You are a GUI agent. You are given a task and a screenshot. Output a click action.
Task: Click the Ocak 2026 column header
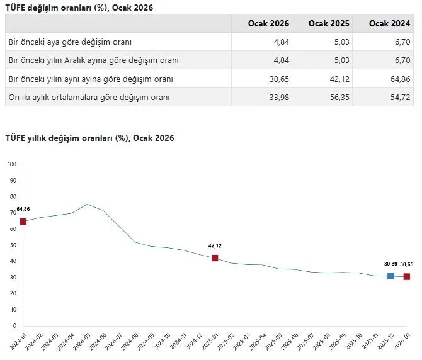click(268, 23)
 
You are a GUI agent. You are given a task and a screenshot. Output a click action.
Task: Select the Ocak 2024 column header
click(389, 23)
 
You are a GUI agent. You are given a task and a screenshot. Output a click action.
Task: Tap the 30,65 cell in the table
click(278, 79)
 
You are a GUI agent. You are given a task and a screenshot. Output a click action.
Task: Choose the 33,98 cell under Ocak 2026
click(278, 97)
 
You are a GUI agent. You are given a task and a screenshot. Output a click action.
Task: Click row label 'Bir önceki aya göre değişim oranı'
click(70, 42)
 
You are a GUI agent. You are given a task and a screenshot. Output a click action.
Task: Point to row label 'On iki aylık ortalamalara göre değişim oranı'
click(89, 97)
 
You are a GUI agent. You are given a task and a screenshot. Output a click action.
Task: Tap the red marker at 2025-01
click(215, 258)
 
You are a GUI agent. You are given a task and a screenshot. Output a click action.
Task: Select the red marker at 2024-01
click(23, 221)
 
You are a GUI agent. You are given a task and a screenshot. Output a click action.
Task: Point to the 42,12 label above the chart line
click(215, 245)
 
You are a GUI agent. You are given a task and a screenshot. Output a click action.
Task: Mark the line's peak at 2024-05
click(87, 205)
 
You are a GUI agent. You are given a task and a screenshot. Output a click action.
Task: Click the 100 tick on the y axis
click(12, 164)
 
